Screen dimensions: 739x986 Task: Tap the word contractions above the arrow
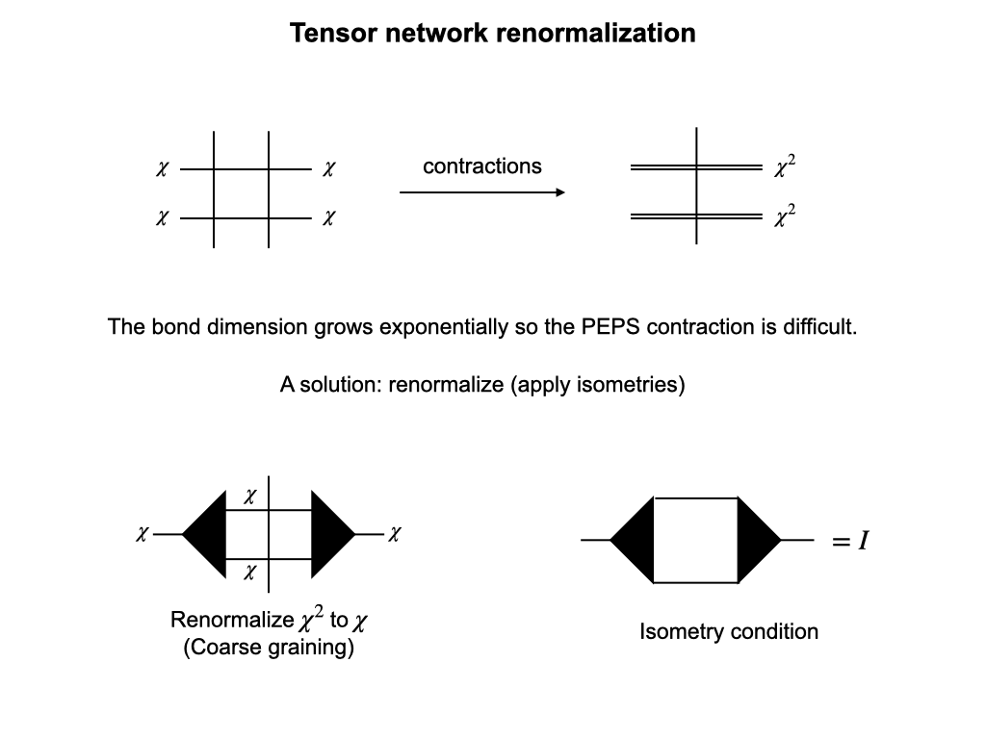pyautogui.click(x=481, y=166)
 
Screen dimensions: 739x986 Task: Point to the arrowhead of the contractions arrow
pyautogui.click(x=559, y=192)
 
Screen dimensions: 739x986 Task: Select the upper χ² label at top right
pyautogui.click(x=785, y=167)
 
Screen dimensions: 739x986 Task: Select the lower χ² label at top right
pyautogui.click(x=785, y=217)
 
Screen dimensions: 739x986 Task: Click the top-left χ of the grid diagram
pyautogui.click(x=162, y=169)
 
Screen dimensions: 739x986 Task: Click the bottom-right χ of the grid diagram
pyautogui.click(x=328, y=218)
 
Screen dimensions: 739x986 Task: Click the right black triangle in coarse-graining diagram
pyautogui.click(x=330, y=533)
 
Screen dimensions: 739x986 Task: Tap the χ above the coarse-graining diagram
pyautogui.click(x=249, y=497)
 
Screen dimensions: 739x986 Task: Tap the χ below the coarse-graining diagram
pyautogui.click(x=249, y=572)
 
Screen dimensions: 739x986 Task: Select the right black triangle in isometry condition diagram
pyautogui.click(x=756, y=541)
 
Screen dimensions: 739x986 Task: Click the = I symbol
pyautogui.click(x=851, y=542)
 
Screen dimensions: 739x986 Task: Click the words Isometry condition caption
pyautogui.click(x=729, y=632)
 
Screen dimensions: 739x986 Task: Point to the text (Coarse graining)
pyautogui.click(x=269, y=647)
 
